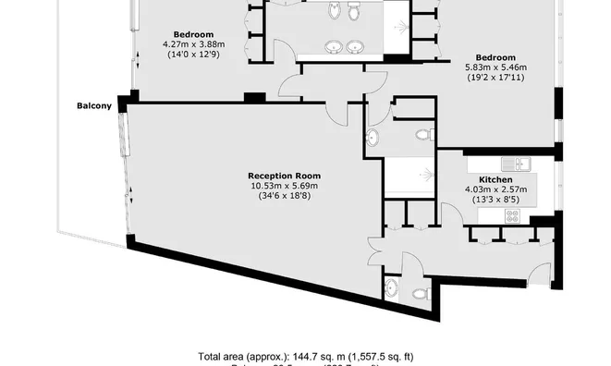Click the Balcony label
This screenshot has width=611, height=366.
[94, 105]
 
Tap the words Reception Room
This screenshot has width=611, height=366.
[284, 175]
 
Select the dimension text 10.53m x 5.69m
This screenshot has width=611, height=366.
[284, 185]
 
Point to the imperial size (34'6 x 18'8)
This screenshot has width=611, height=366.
[284, 195]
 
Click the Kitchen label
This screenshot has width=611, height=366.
[495, 180]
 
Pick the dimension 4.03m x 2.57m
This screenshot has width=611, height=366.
[495, 190]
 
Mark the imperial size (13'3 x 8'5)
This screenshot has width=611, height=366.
[495, 201]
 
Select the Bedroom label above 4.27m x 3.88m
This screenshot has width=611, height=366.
[194, 34]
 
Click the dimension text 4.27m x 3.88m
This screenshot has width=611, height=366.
[194, 44]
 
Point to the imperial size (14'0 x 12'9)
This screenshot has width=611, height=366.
[194, 55]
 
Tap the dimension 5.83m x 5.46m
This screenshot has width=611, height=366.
[495, 67]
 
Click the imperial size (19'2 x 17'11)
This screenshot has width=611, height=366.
[495, 78]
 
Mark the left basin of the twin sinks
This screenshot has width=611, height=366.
[333, 46]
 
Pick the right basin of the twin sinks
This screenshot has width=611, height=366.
[358, 46]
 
